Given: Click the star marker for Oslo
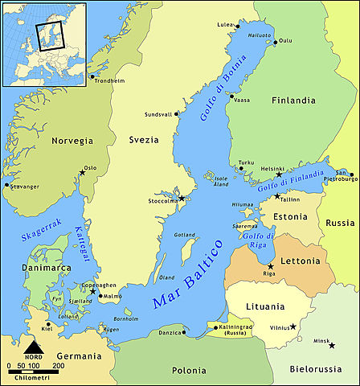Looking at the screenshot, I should [82, 172].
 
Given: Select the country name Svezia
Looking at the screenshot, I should [142, 140].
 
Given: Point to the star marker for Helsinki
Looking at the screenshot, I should [279, 175].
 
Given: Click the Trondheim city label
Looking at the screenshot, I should [111, 80].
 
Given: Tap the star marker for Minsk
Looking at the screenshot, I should [332, 345].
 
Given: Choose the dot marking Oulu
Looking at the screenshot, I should [276, 42].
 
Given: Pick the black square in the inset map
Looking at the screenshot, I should [49, 35].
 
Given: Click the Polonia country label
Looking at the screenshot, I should [190, 371].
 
